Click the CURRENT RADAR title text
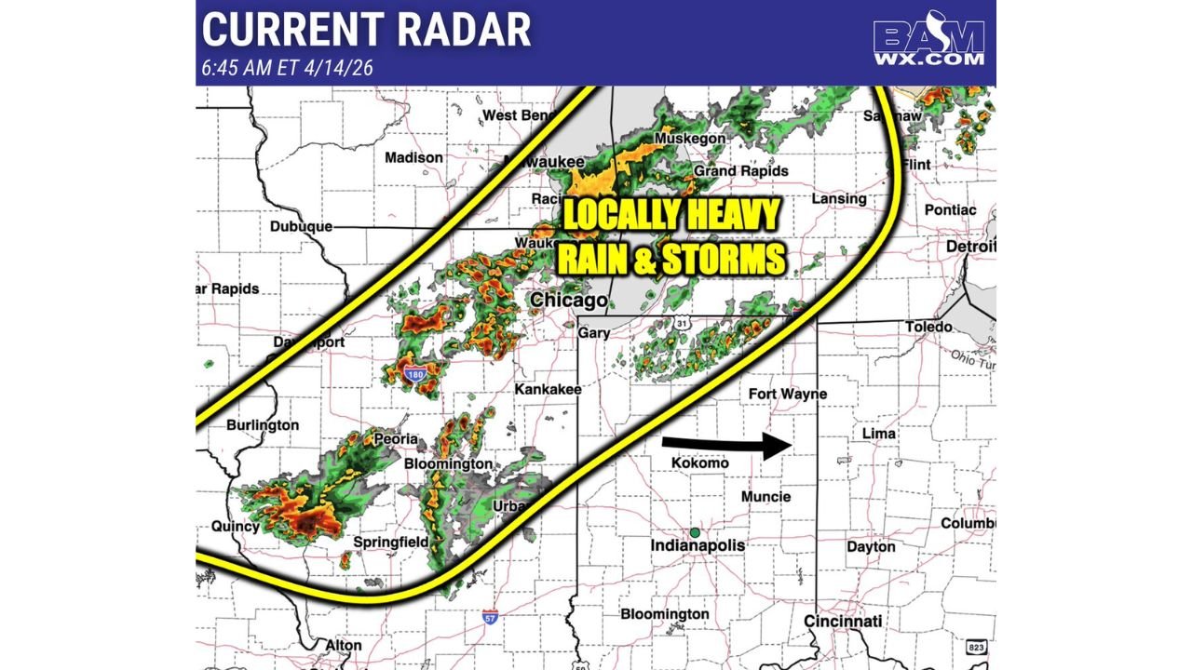tap(366, 30)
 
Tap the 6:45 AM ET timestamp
tap(289, 68)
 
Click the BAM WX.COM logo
tap(928, 43)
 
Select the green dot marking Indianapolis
tap(695, 532)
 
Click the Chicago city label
tap(568, 301)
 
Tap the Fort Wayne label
tap(787, 394)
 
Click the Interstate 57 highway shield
tap(491, 617)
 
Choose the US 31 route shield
tap(683, 323)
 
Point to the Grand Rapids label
tap(741, 170)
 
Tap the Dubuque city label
tap(301, 226)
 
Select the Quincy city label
tap(236, 526)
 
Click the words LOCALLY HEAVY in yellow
tap(670, 216)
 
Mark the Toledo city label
tap(928, 327)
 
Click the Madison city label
tap(413, 157)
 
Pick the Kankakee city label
tap(549, 388)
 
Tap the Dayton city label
tap(871, 546)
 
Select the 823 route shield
tap(976, 647)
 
